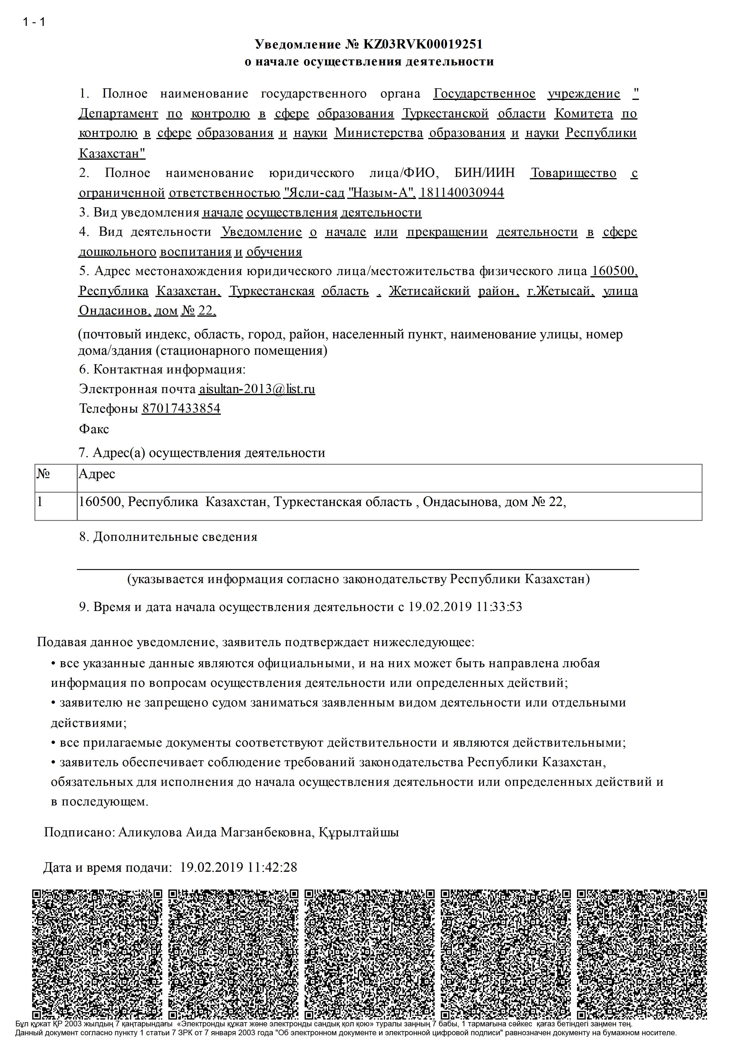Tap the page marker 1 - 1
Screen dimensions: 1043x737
[x=34, y=22]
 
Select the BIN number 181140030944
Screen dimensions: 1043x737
[x=461, y=193]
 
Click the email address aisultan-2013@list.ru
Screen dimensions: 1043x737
[x=257, y=389]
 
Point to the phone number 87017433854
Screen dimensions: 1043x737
[x=181, y=409]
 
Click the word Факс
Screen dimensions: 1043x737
[x=94, y=429]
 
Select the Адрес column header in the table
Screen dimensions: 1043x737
[x=97, y=474]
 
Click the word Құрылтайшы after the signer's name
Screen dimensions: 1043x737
[x=358, y=832]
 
